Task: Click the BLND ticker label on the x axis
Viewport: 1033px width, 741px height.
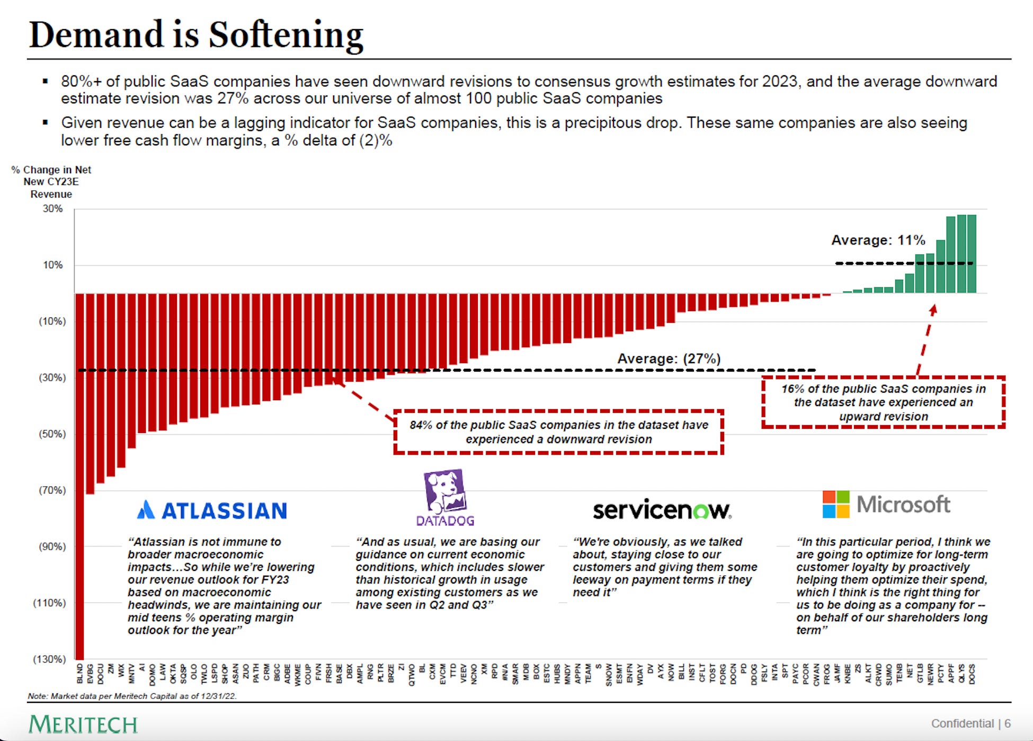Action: [80, 673]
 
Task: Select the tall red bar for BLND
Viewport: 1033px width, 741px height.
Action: [79, 477]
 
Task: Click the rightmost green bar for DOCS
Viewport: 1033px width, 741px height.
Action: [972, 254]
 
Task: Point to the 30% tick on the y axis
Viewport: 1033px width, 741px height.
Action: [52, 209]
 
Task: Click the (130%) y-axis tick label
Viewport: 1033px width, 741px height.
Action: [50, 659]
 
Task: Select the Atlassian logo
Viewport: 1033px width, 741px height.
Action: [212, 510]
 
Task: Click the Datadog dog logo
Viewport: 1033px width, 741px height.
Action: [445, 490]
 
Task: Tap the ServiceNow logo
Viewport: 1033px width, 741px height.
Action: [662, 510]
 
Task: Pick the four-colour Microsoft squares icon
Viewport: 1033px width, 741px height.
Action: [835, 504]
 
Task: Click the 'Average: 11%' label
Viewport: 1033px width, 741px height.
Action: [878, 240]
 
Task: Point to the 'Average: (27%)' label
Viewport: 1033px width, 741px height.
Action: [669, 359]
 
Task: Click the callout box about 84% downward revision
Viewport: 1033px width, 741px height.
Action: [558, 432]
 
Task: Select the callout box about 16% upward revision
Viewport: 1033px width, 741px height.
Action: [883, 402]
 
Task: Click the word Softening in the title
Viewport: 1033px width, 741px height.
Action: [286, 35]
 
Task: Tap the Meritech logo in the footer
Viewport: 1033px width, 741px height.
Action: [83, 724]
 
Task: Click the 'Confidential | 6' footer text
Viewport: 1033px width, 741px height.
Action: [970, 724]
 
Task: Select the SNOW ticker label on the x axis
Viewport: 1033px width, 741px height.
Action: [609, 674]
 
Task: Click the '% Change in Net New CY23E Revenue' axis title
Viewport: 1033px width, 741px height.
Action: [51, 182]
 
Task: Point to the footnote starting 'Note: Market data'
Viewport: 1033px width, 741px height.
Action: [132, 696]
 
